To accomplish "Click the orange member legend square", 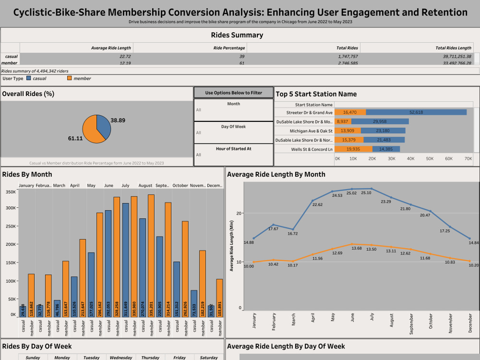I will (x=69, y=78).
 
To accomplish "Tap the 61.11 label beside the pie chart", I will (x=75, y=138).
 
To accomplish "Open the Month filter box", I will (x=233, y=110).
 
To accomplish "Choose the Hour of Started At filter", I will (x=233, y=155).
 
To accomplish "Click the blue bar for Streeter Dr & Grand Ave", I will (x=416, y=112).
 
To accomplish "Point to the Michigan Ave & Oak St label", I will (x=311, y=131).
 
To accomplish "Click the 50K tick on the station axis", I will (x=430, y=158).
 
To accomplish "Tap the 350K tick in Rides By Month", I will (x=10, y=192).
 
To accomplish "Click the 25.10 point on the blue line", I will (x=371, y=189).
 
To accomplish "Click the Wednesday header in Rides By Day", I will (x=121, y=358).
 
